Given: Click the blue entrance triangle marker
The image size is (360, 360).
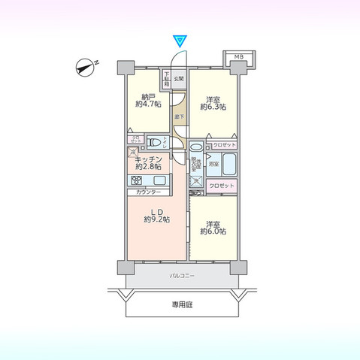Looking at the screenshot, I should (x=180, y=39).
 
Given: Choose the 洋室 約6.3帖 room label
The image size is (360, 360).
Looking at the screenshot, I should (x=213, y=103).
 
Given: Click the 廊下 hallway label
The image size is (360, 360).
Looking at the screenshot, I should (x=179, y=116).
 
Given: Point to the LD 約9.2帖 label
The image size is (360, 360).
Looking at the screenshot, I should (x=156, y=216).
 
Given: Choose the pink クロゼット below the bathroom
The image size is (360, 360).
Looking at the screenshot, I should (x=222, y=185).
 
